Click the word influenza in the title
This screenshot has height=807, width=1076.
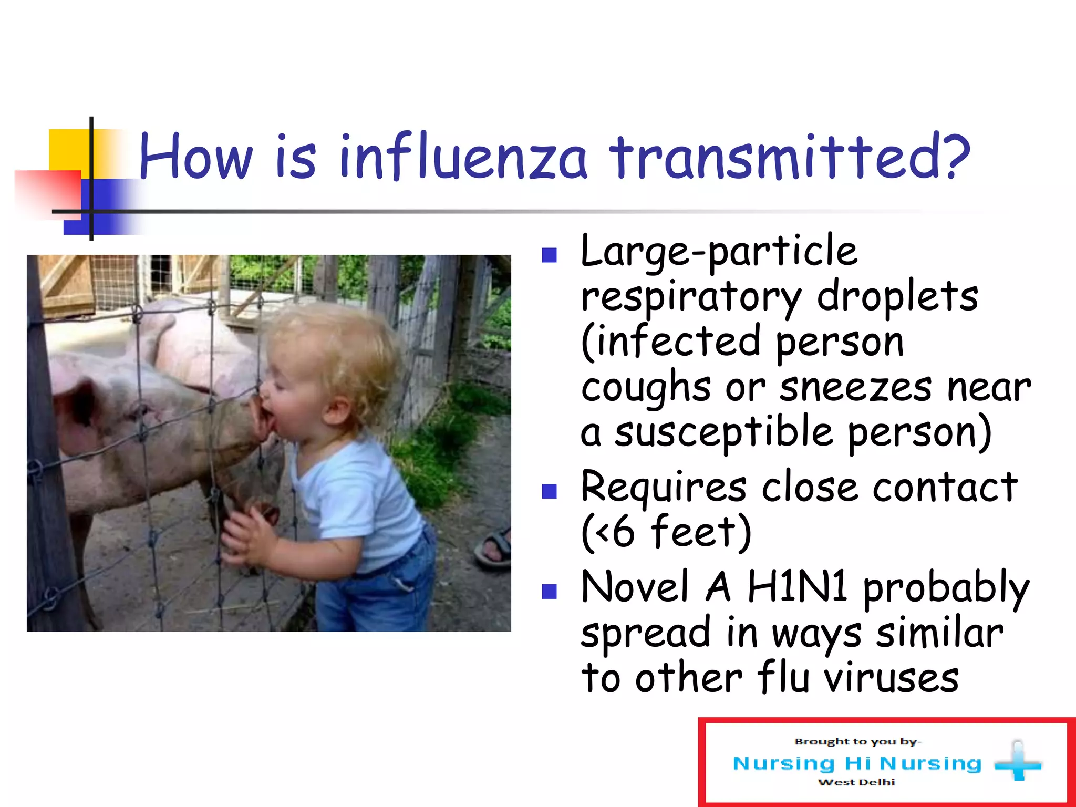pyautogui.click(x=462, y=158)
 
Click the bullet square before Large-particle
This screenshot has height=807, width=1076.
pyautogui.click(x=549, y=255)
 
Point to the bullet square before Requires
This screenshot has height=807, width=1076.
pyautogui.click(x=549, y=491)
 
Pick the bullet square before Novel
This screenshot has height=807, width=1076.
pyautogui.click(x=549, y=592)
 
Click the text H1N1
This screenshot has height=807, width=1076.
pyautogui.click(x=796, y=587)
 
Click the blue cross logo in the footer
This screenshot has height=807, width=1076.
pyautogui.click(x=1018, y=762)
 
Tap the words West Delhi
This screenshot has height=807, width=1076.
pyautogui.click(x=856, y=782)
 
